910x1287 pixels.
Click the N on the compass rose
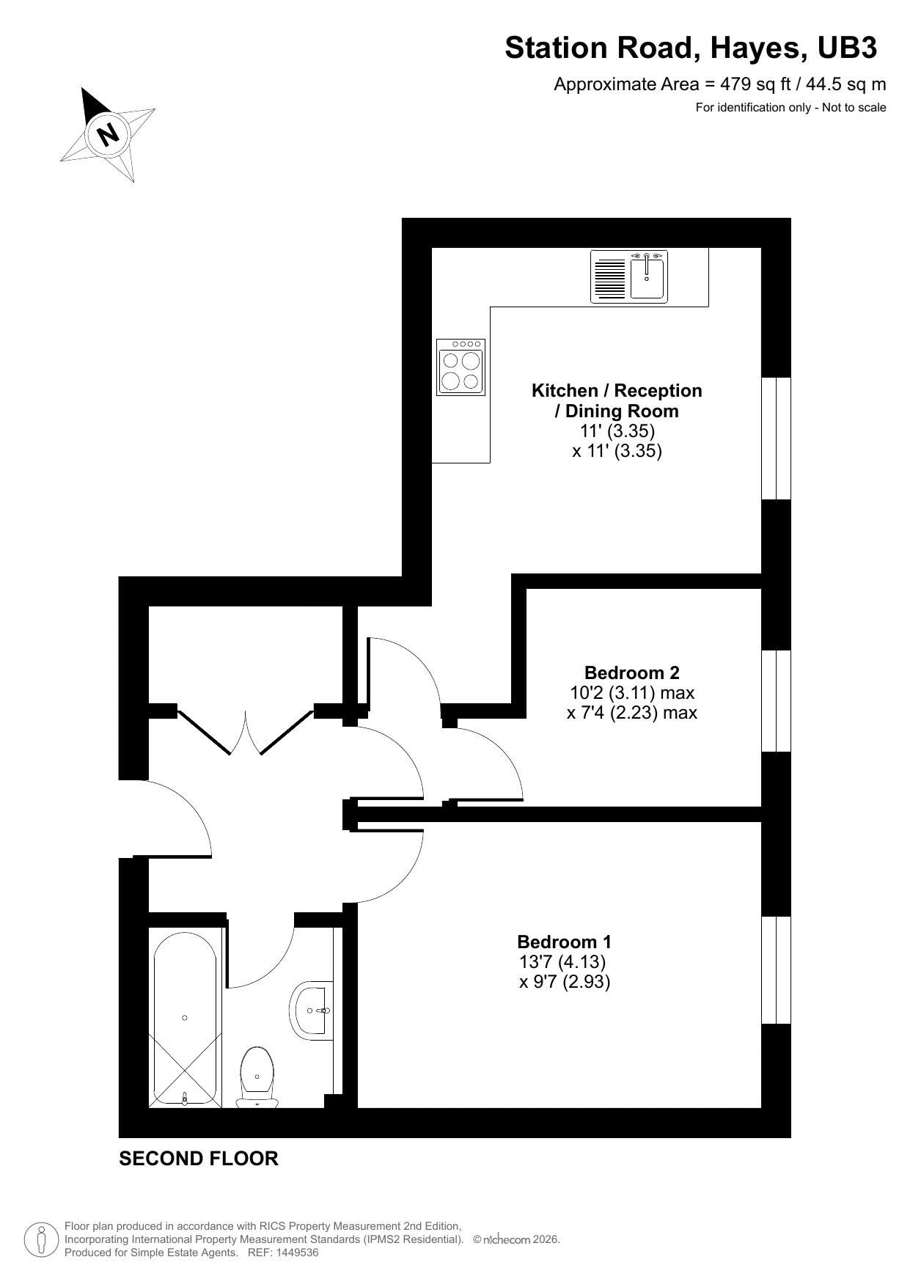pyautogui.click(x=109, y=134)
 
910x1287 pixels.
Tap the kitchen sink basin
pyautogui.click(x=647, y=279)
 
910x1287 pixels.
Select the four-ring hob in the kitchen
pyautogui.click(x=460, y=367)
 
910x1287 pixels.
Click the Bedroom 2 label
pyautogui.click(x=631, y=672)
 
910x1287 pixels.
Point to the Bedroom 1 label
pyautogui.click(x=564, y=942)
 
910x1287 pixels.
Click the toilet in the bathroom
pyautogui.click(x=257, y=1076)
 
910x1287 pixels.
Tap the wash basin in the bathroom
pyautogui.click(x=312, y=1011)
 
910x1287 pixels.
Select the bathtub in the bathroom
pyautogui.click(x=185, y=1017)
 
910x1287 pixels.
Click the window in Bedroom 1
pyautogui.click(x=776, y=969)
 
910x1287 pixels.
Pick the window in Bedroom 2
pyautogui.click(x=776, y=700)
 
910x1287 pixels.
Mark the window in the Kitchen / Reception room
pyautogui.click(x=776, y=439)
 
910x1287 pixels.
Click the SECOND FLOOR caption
pyautogui.click(x=199, y=1159)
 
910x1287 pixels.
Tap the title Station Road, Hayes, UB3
pyautogui.click(x=690, y=48)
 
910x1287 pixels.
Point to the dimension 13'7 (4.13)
pyautogui.click(x=562, y=961)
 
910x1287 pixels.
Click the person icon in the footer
pyautogui.click(x=41, y=1239)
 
